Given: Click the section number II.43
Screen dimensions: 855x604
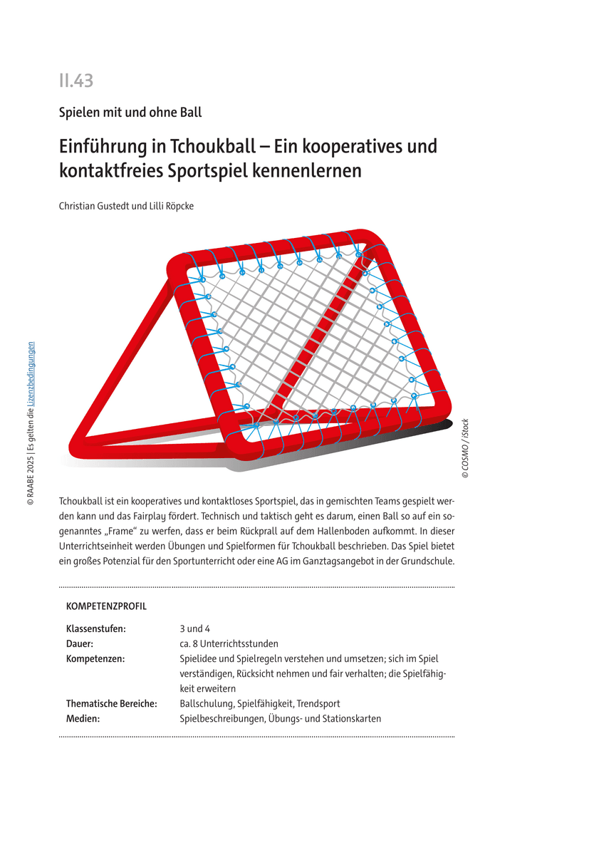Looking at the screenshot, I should tap(76, 81).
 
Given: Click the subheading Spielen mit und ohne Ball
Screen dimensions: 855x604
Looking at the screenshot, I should tap(130, 112).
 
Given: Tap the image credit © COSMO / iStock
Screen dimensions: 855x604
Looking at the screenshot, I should tap(465, 447).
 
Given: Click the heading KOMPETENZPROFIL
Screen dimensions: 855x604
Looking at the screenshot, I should tap(106, 606).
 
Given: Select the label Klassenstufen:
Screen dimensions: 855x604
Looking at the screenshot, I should tap(96, 628).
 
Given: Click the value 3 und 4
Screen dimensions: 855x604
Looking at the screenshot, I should tap(195, 628).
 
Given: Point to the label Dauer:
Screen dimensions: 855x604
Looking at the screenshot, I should tap(80, 643).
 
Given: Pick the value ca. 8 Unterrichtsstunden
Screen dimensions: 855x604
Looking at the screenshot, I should tap(229, 643).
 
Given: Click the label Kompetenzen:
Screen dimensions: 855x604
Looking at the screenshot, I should tap(95, 658).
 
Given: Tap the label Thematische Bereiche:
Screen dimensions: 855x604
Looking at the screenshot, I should tap(111, 703).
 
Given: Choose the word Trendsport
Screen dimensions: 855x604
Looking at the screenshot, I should tap(318, 703).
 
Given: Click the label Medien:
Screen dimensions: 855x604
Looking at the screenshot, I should tap(83, 718).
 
